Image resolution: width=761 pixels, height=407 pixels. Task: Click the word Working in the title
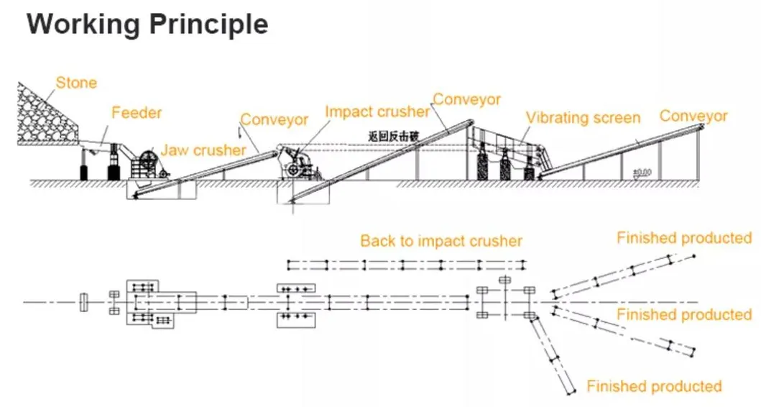point(83,24)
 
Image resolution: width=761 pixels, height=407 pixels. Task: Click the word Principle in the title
point(209,24)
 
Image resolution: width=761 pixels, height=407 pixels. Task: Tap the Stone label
point(76,83)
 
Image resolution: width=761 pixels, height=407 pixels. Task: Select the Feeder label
point(137,113)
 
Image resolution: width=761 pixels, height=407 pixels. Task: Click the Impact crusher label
point(377,112)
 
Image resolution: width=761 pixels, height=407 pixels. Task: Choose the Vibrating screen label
point(582,118)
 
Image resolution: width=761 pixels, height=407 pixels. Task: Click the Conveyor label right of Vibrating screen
point(693,116)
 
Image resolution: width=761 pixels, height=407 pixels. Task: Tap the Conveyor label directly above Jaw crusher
point(274,119)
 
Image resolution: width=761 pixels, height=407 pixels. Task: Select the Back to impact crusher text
point(441,241)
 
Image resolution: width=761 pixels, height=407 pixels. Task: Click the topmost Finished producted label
point(683,238)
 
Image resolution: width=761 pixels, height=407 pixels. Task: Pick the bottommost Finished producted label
point(654,387)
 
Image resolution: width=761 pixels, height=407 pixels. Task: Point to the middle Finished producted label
point(683,314)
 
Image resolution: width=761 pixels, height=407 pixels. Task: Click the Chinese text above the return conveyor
point(392,134)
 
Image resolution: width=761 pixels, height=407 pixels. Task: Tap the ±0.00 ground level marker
point(642,172)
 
